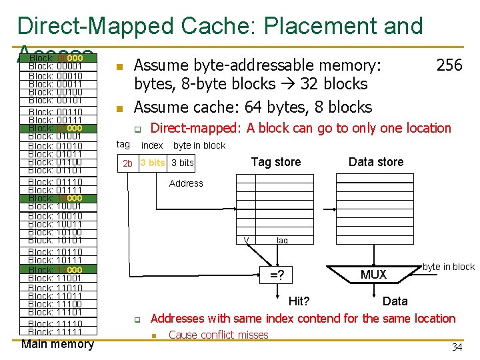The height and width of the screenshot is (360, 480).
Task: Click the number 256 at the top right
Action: (449, 65)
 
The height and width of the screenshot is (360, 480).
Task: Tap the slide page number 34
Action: (457, 347)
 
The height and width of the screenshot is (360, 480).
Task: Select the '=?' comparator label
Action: (277, 275)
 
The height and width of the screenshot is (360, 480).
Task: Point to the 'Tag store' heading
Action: (276, 162)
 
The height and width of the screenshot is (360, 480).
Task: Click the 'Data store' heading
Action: (376, 162)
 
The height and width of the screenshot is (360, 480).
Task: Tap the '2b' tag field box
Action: (127, 163)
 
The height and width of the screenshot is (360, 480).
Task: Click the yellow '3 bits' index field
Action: (153, 163)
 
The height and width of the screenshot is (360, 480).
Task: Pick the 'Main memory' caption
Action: (57, 344)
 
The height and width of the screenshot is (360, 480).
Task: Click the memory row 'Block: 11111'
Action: (55, 332)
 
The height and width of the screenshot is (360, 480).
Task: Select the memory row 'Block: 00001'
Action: (55, 67)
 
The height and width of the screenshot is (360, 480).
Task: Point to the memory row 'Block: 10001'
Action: (55, 207)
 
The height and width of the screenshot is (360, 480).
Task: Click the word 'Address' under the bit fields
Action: (186, 183)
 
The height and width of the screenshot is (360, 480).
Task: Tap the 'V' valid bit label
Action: (247, 241)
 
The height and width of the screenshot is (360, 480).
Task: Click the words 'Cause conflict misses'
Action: (219, 335)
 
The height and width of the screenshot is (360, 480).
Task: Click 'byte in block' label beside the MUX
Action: (449, 267)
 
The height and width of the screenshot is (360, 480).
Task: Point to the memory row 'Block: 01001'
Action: (55, 137)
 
